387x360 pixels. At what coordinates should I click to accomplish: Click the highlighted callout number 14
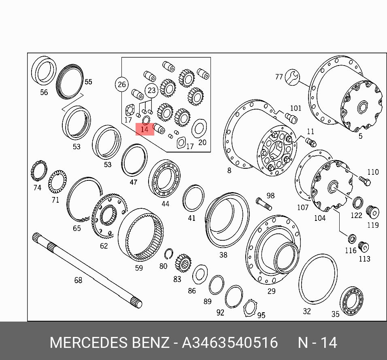click(145, 129)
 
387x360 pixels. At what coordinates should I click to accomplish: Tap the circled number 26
click(122, 84)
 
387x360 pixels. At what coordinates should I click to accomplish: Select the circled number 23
click(151, 90)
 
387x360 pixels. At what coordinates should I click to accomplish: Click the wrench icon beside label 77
click(292, 77)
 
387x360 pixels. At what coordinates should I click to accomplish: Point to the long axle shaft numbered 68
click(87, 271)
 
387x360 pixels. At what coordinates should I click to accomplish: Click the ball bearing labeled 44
click(164, 178)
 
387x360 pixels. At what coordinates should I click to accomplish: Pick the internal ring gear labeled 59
click(141, 235)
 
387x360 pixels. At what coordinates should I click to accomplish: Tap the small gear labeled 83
click(183, 263)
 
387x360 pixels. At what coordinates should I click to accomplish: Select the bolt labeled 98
click(264, 204)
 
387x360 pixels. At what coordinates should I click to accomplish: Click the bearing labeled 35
click(352, 301)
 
